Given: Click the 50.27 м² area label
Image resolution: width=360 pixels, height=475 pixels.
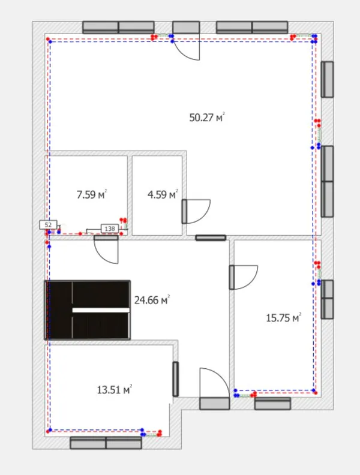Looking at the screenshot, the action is point(207,117).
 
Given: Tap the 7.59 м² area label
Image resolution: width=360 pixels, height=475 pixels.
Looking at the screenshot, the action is point(92,194).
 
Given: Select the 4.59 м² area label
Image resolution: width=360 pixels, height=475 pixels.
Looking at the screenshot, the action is point(163,194).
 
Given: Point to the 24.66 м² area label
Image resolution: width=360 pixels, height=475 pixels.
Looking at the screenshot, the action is point(152,300).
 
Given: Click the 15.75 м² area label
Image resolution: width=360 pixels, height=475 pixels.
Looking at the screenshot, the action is point(284,318).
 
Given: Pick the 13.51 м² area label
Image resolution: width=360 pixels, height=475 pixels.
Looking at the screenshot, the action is point(115,390).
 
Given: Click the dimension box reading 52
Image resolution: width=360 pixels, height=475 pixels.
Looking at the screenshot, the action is point(48,225).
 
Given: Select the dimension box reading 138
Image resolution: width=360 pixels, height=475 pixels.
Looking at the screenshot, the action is point(110,229).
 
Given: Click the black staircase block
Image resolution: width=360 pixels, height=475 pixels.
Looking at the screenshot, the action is point(88,310).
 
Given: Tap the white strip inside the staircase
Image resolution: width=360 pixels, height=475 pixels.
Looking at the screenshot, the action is point(101,310).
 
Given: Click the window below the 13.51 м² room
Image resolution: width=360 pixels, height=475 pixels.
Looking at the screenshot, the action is point(106,443).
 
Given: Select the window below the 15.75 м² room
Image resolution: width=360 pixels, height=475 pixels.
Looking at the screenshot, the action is point(273,404).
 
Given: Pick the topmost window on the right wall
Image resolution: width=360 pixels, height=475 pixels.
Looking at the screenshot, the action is point(327,79).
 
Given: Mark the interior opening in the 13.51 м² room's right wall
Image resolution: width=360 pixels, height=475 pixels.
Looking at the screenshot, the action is point(175,379).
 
